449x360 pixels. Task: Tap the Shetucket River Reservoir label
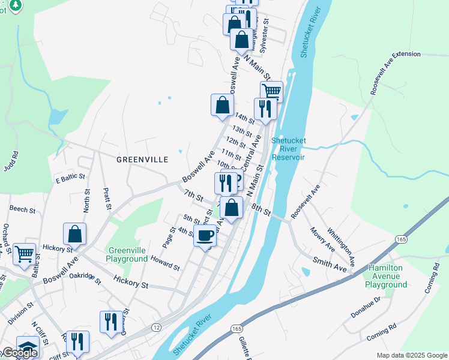288,149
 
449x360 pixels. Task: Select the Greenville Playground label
127,254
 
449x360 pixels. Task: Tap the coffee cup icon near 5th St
205,235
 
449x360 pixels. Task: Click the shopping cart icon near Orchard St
24,254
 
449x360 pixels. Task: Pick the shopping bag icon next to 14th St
222,104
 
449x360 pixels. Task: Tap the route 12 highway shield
156,327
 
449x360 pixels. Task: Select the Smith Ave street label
330,265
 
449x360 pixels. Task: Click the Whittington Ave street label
342,245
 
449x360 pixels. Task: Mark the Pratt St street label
106,197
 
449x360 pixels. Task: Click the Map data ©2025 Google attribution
411,355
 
